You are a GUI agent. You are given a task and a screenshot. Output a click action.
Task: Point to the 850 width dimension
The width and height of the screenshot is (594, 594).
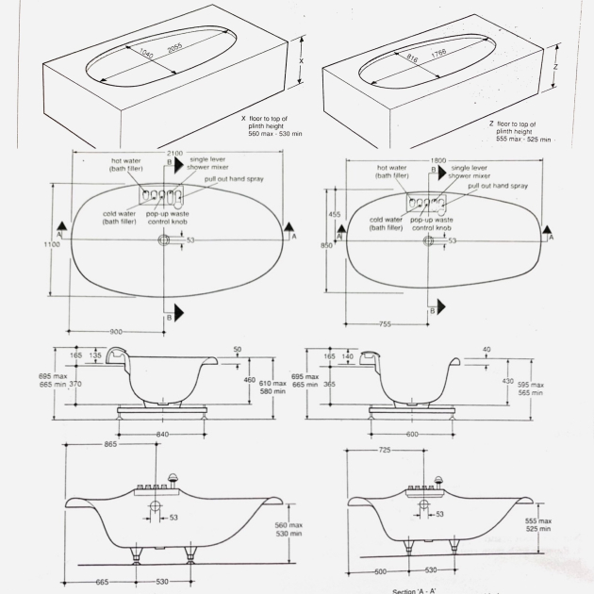pyautogui.click(x=325, y=246)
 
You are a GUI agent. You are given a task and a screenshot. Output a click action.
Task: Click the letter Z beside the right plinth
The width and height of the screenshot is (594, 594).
pyautogui.click(x=557, y=67)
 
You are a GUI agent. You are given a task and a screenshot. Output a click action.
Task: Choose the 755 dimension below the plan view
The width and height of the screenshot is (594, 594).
pyautogui.click(x=384, y=323)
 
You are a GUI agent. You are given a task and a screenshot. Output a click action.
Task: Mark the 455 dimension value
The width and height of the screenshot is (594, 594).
pyautogui.click(x=335, y=214)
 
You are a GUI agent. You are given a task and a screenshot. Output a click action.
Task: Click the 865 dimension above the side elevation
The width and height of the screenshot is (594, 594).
pyautogui.click(x=110, y=442)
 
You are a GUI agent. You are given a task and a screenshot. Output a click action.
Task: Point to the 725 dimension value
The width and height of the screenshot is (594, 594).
pyautogui.click(x=383, y=451)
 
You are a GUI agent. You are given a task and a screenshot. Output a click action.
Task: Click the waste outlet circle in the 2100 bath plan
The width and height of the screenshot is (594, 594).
pyautogui.click(x=165, y=240)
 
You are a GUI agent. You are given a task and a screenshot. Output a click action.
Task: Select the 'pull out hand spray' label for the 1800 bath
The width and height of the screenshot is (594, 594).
pyautogui.click(x=499, y=187)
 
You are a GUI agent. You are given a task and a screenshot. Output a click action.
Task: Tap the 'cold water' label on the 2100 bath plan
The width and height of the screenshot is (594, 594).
pyautogui.click(x=120, y=213)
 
